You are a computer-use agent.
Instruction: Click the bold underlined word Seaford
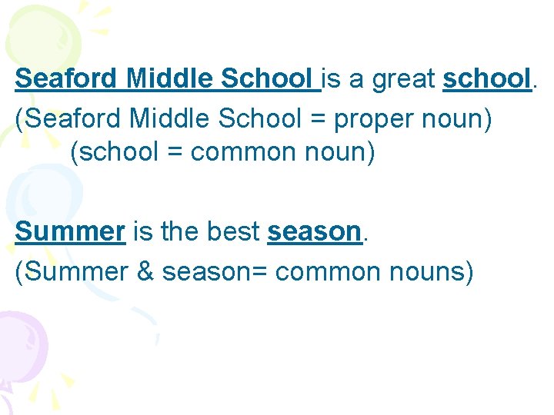pos(67,78)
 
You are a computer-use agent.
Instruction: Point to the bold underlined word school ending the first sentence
pos(486,78)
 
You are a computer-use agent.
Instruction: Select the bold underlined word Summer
pos(70,231)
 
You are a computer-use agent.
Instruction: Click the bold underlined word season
pos(314,231)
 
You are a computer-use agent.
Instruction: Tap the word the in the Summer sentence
pos(177,231)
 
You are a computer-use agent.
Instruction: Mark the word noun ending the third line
pos(340,152)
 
